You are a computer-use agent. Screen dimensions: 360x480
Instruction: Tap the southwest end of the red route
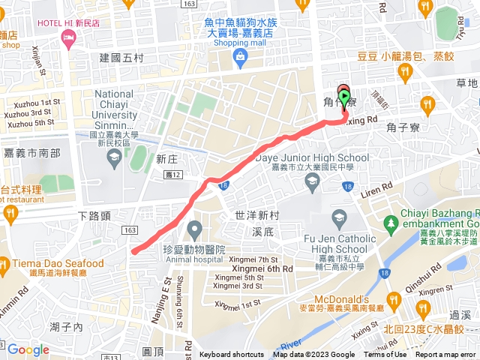point(133,252)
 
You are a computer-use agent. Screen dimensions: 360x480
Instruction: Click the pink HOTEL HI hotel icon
point(70,43)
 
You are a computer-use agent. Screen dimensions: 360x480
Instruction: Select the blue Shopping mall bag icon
point(238,57)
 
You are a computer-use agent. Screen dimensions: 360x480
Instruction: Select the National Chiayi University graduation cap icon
point(113,157)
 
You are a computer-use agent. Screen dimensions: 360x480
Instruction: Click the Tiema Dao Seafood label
point(57,263)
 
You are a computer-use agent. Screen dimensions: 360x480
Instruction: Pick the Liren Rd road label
point(376,187)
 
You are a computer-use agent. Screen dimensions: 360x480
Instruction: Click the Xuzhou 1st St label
point(32,102)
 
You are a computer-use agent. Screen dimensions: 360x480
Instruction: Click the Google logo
point(28,349)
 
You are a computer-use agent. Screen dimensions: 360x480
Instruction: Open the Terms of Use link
point(385,355)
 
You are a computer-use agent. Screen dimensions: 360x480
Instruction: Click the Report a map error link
point(445,355)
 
